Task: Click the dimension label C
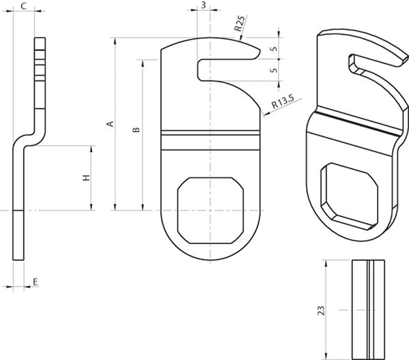[x=24, y=5]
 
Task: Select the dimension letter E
[x=35, y=282]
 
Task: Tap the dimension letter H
[x=86, y=178]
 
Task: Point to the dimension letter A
[x=111, y=123]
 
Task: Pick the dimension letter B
[x=136, y=130]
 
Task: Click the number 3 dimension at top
[x=204, y=5]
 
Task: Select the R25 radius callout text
[x=240, y=24]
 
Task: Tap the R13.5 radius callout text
[x=283, y=102]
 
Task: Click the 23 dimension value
[x=321, y=310]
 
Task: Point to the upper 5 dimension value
[x=273, y=49]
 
